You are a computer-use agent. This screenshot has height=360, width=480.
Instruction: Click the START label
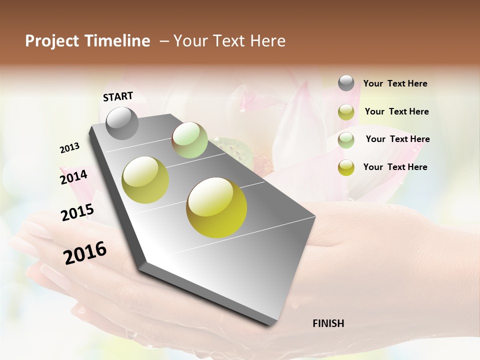pyautogui.click(x=118, y=96)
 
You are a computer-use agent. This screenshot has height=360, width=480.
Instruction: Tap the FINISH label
pyautogui.click(x=328, y=323)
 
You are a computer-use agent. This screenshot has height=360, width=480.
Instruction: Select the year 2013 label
pyautogui.click(x=70, y=148)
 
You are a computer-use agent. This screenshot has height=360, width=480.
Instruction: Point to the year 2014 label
pyautogui.click(x=74, y=177)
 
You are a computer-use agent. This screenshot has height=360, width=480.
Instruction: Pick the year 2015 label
pyautogui.click(x=77, y=212)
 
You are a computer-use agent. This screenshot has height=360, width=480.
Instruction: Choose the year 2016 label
pyautogui.click(x=85, y=253)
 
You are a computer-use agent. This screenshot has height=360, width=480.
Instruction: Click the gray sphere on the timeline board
pyautogui.click(x=122, y=123)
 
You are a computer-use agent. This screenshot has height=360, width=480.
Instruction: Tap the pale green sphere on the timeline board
pyautogui.click(x=189, y=140)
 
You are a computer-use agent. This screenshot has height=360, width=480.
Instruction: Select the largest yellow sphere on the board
pyautogui.click(x=216, y=207)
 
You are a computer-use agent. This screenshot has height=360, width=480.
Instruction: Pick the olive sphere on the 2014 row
pyautogui.click(x=145, y=179)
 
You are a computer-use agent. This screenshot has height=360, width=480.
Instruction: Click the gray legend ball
pyautogui.click(x=346, y=83)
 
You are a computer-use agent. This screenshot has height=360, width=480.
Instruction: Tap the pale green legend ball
pyautogui.click(x=346, y=140)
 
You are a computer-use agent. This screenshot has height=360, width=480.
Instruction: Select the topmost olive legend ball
pyautogui.click(x=346, y=112)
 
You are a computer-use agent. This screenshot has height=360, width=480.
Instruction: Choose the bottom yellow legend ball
pyautogui.click(x=346, y=167)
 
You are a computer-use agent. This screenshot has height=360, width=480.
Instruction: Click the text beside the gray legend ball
pyautogui.click(x=395, y=84)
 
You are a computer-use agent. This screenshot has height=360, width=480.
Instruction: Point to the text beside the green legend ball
pyautogui.click(x=397, y=139)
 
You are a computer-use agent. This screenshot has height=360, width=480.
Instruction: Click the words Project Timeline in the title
pyautogui.click(x=87, y=41)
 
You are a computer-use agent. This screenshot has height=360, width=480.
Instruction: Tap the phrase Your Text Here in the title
pyautogui.click(x=229, y=41)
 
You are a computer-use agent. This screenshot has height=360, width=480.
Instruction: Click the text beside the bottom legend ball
pyautogui.click(x=395, y=167)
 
